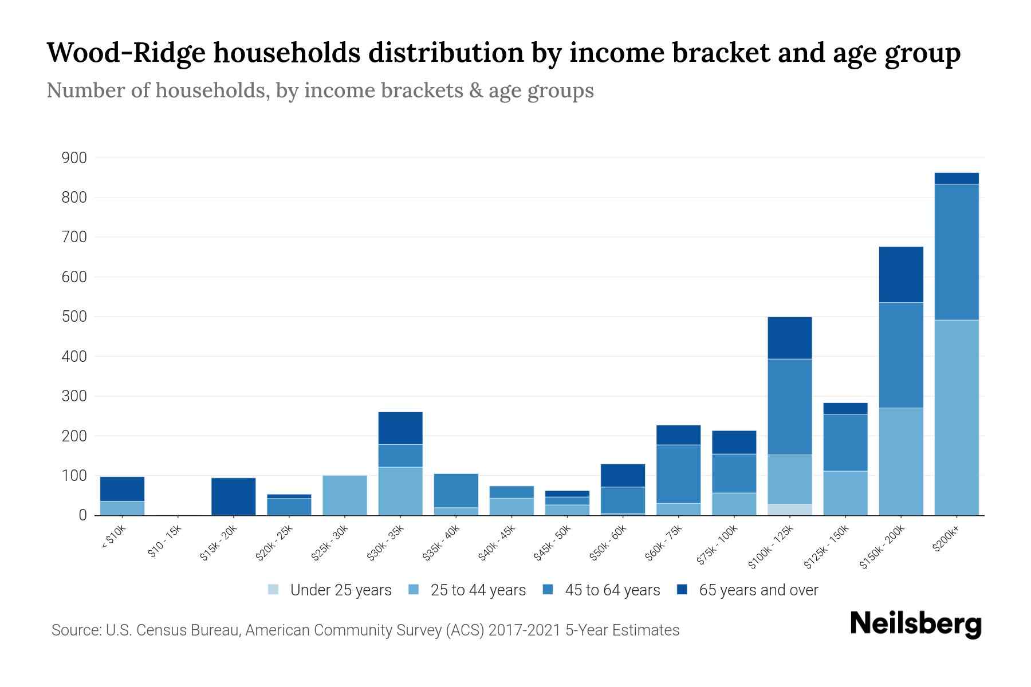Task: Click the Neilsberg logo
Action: [915, 624]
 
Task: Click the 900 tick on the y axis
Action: [74, 158]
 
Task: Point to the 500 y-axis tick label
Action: [74, 317]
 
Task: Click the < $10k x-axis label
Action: [113, 538]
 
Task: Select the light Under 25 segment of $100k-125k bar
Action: [789, 510]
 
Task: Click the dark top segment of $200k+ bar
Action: [956, 179]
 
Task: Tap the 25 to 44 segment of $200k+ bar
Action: [956, 418]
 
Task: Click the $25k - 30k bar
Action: [344, 495]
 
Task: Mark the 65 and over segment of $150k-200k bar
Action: [900, 275]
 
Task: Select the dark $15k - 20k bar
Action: [233, 496]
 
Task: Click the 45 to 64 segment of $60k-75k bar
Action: [678, 474]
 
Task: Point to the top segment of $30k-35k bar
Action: [400, 428]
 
